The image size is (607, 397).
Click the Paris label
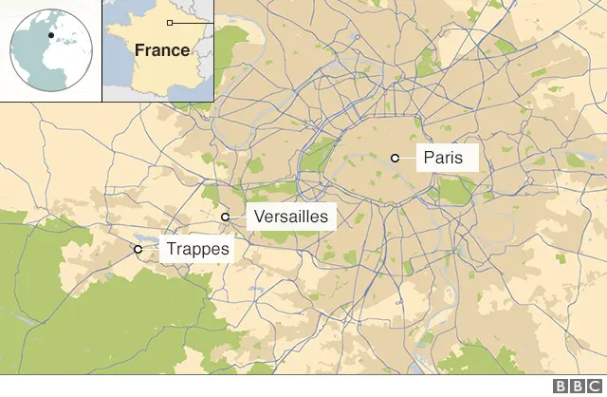(x=443, y=158)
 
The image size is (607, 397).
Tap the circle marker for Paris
(x=395, y=158)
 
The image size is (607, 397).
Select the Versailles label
(x=291, y=217)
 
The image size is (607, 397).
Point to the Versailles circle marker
(x=226, y=217)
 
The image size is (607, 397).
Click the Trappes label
(x=197, y=250)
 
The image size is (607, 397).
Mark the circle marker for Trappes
(x=138, y=249)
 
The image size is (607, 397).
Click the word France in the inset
(x=161, y=50)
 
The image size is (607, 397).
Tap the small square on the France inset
(x=170, y=22)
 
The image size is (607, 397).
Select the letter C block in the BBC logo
(x=592, y=387)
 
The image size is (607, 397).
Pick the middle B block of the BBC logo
(x=577, y=387)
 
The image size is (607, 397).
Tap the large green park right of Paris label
(x=458, y=191)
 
